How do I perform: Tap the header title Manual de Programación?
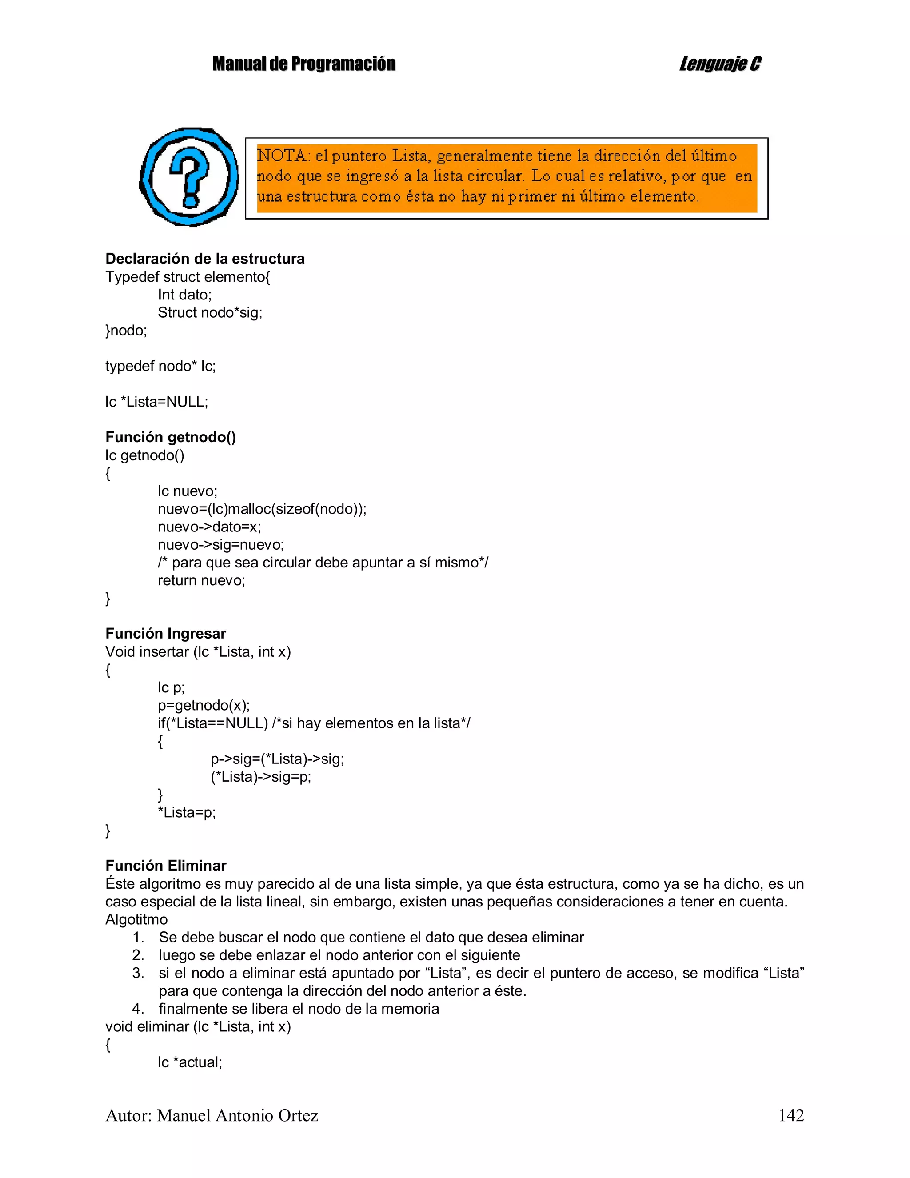point(303,64)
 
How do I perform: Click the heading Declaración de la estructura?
point(204,259)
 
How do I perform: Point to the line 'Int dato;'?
point(184,295)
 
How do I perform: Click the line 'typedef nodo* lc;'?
point(160,366)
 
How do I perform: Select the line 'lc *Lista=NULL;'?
point(156,402)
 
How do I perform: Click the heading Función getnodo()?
point(171,437)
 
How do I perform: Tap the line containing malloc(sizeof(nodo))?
point(262,509)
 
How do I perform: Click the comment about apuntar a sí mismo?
point(323,563)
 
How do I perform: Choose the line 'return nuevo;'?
point(201,580)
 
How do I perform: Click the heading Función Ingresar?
point(166,634)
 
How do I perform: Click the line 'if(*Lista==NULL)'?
point(213,723)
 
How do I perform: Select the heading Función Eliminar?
point(166,866)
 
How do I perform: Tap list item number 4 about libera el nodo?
point(298,1009)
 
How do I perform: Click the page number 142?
point(791,1115)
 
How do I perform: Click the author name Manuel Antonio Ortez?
point(237,1115)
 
